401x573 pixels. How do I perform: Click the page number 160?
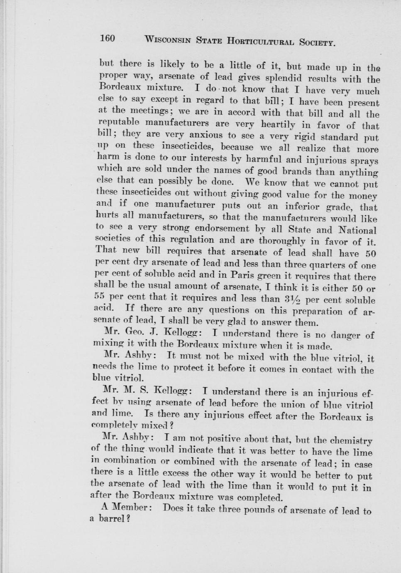point(107,39)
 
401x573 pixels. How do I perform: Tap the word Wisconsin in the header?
point(167,40)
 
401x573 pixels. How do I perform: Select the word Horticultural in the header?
point(260,41)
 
